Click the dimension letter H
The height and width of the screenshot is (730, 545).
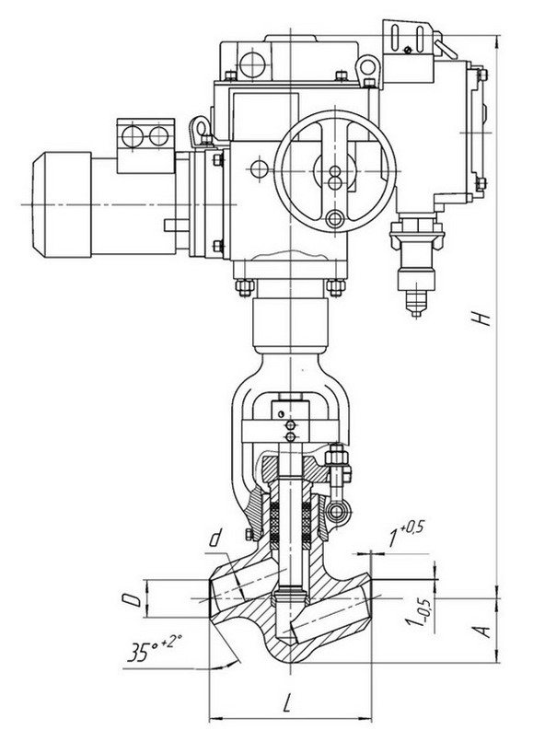484,319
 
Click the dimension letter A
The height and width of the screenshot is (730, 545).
484,632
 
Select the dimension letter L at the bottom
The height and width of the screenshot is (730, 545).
287,702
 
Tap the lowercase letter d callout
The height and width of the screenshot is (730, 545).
215,539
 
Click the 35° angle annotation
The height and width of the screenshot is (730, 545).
155,649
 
